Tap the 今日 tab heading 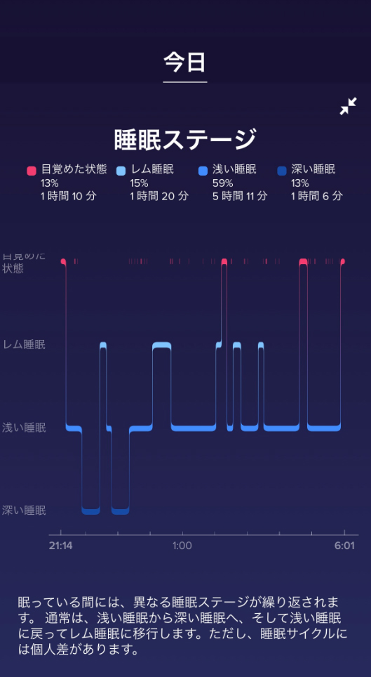pyautogui.click(x=184, y=63)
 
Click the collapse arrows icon pyautogui.click(x=348, y=106)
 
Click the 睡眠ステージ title pyautogui.click(x=185, y=140)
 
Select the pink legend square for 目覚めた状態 pyautogui.click(x=31, y=171)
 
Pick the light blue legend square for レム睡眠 pyautogui.click(x=121, y=171)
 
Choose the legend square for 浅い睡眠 pyautogui.click(x=203, y=171)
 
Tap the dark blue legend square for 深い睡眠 pyautogui.click(x=282, y=171)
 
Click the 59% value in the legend pyautogui.click(x=222, y=183)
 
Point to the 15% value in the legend pyautogui.click(x=139, y=183)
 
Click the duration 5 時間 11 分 pyautogui.click(x=240, y=196)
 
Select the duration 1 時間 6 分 pyautogui.click(x=316, y=196)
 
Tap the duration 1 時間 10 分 pyautogui.click(x=69, y=196)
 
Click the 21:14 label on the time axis pyautogui.click(x=60, y=546)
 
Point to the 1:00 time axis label pyautogui.click(x=182, y=546)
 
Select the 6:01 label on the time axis pyautogui.click(x=344, y=546)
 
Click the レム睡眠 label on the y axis pyautogui.click(x=24, y=345)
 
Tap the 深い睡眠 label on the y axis pyautogui.click(x=24, y=511)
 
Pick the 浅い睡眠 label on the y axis pyautogui.click(x=24, y=428)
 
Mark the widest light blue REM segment pyautogui.click(x=162, y=345)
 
